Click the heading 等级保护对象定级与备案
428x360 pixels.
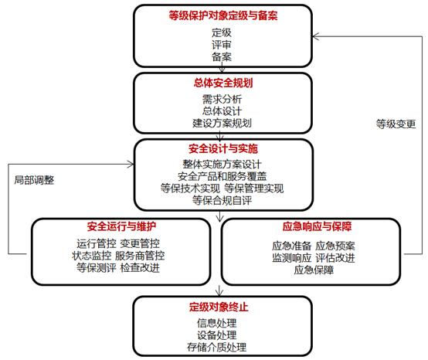click(x=223, y=15)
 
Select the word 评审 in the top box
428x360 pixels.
click(x=222, y=45)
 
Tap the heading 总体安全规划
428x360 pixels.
click(x=223, y=83)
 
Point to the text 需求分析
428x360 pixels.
click(x=222, y=99)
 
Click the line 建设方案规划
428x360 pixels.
click(x=222, y=123)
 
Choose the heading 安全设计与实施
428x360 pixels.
click(x=223, y=149)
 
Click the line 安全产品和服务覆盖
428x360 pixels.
click(x=222, y=176)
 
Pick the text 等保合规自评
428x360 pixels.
click(x=222, y=200)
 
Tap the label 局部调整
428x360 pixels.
click(x=35, y=180)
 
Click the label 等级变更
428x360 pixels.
click(x=396, y=124)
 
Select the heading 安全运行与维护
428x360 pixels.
click(x=121, y=226)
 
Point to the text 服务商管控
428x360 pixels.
click(x=140, y=256)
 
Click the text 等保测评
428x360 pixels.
click(x=97, y=268)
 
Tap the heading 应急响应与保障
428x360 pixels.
click(x=317, y=226)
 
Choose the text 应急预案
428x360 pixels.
click(x=335, y=246)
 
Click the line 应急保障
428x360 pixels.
click(x=314, y=270)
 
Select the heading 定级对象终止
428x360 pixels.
click(x=219, y=307)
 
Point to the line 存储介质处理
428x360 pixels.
click(x=217, y=347)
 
